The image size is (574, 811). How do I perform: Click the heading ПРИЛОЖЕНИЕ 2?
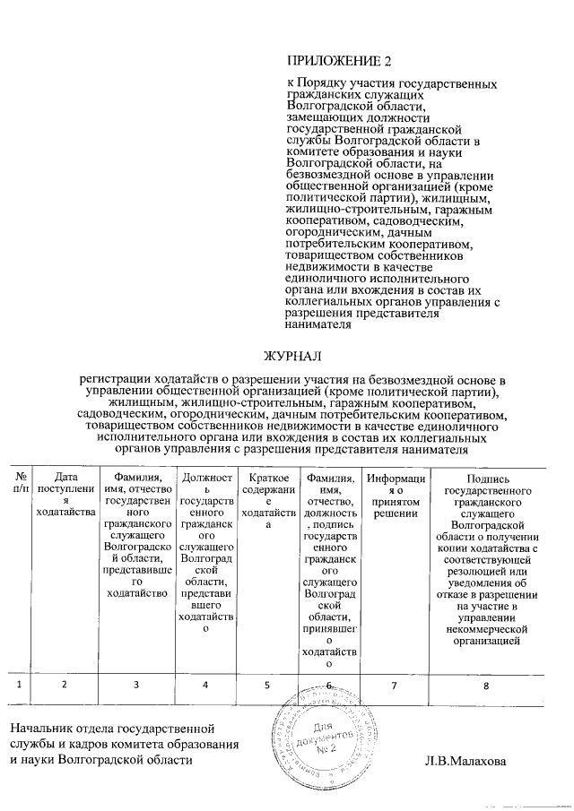click(339, 62)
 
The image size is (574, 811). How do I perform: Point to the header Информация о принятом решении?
click(396, 495)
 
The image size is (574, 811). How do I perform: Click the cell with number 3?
click(136, 685)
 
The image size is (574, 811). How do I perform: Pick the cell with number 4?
click(206, 685)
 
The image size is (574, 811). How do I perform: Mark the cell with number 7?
click(396, 685)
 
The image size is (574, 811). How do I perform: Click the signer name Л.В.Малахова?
click(465, 761)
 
